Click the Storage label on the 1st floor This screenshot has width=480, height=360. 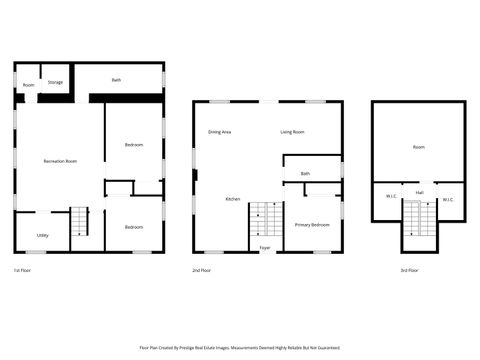click(56, 82)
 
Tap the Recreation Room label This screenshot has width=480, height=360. click(60, 161)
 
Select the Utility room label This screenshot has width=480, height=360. click(43, 235)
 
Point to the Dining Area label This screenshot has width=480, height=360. click(220, 132)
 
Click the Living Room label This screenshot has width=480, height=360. click(292, 132)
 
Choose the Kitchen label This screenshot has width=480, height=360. click(232, 199)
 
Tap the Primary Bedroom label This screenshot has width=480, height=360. click(312, 225)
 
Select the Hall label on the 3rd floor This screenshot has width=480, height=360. click(420, 191)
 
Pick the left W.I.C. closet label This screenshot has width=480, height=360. click(391, 199)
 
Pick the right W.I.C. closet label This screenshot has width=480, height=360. click(447, 199)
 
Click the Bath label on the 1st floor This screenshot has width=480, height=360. click(117, 79)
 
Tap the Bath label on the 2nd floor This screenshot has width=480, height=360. click(305, 174)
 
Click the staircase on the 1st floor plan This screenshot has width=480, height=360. click(80, 222)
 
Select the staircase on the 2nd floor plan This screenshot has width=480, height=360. click(262, 220)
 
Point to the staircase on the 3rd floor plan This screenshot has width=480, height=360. click(420, 218)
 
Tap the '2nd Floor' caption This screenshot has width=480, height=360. click(201, 270)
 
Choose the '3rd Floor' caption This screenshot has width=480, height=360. click(408, 270)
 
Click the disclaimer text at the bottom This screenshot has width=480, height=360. click(240, 348)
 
